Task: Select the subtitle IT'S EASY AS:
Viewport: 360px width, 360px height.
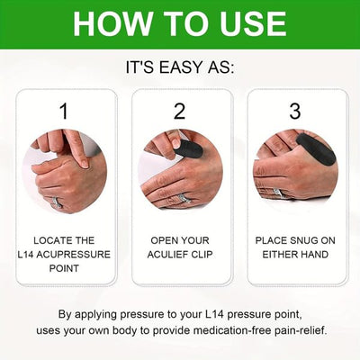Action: point(180,67)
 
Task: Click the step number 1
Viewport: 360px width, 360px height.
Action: point(63,112)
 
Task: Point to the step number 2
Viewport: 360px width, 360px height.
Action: point(179,112)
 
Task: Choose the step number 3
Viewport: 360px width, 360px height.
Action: point(296,112)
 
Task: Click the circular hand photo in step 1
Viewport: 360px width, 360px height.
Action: point(64,170)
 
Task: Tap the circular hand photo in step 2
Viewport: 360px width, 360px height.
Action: point(180,170)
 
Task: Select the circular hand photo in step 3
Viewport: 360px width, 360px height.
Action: point(296,170)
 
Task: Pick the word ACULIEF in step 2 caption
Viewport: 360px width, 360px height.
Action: point(168,256)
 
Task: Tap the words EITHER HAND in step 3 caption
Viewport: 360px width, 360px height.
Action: point(296,256)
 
